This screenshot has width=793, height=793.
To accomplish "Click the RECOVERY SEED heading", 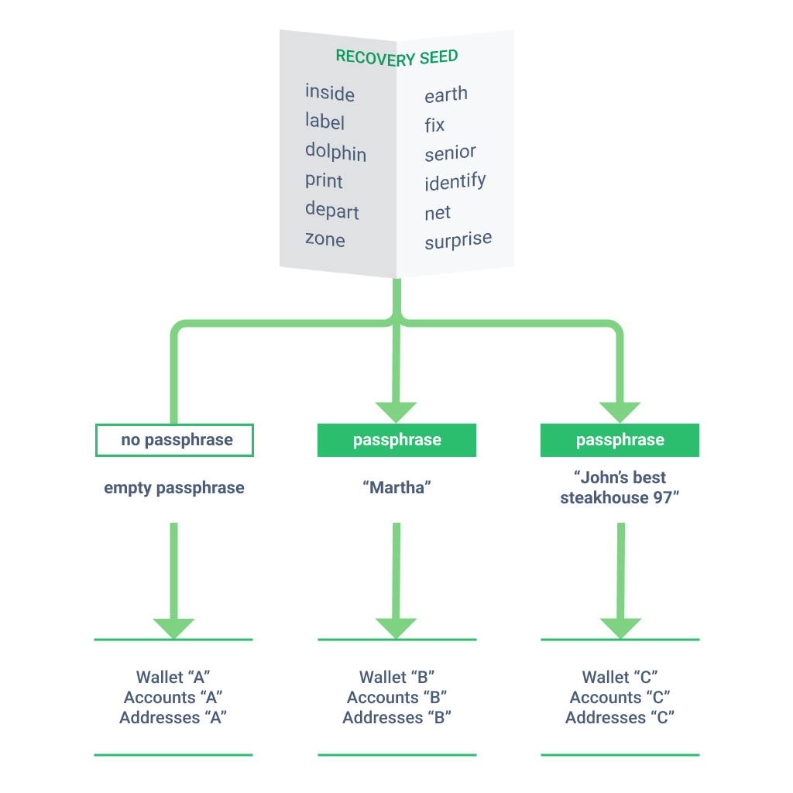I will coord(396,57).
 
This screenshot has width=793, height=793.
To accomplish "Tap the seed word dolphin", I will coord(335,152).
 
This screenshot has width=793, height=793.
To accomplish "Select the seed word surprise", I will coord(458,241).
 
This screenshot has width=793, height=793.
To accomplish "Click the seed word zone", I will coord(325,239).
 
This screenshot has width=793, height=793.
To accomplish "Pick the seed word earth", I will coord(446,95).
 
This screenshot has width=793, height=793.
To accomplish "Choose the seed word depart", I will coord(332,211).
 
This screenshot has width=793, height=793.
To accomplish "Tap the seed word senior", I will coord(450,153).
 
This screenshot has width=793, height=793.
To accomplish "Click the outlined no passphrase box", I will coord(174,440).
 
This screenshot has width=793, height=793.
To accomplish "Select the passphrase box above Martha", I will coord(396,440).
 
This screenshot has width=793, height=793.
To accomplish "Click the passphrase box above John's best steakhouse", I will coord(620,440).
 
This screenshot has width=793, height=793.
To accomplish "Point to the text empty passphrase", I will coord(174,488).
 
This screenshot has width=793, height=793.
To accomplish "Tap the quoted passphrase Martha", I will coord(396,488).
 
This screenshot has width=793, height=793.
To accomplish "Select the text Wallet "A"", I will coord(174,678).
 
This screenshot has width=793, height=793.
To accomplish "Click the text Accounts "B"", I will coord(396,698).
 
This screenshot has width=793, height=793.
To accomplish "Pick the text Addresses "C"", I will coord(620,718).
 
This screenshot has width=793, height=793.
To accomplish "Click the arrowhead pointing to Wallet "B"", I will coord(396,627).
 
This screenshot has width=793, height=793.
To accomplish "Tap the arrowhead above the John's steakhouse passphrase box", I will coord(620,412).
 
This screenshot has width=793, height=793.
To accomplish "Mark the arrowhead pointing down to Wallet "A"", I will coord(174,627).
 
